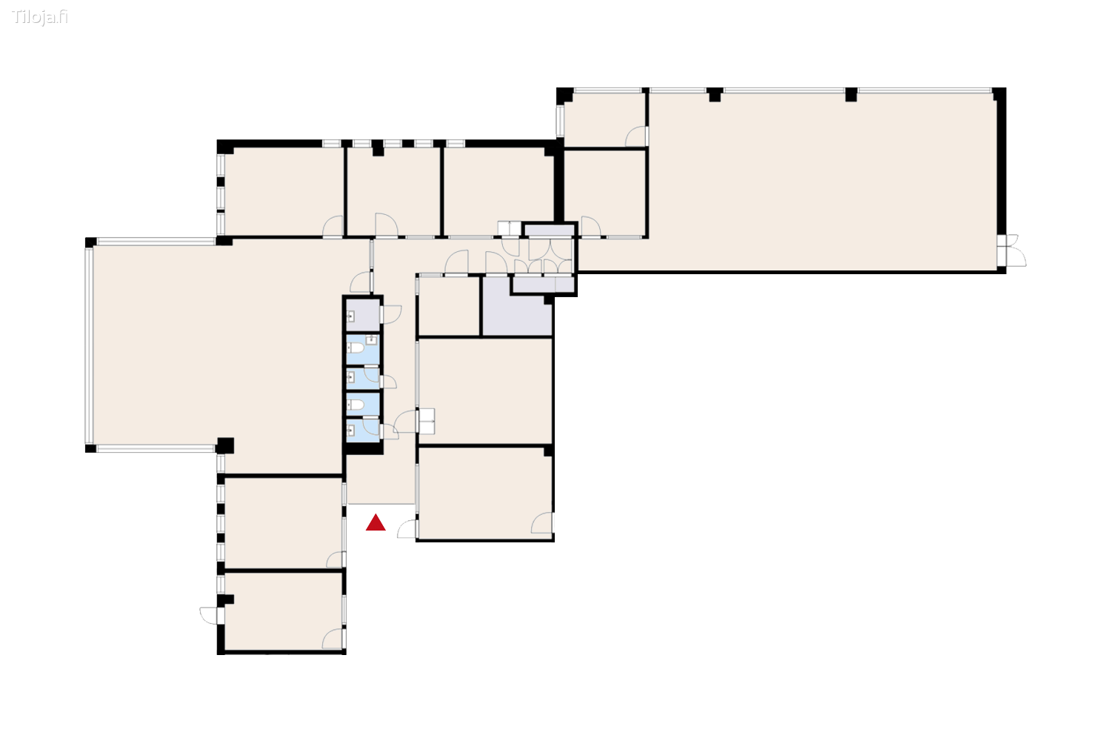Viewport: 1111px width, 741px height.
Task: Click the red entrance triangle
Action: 376,523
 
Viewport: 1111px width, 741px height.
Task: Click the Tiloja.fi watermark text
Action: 40,17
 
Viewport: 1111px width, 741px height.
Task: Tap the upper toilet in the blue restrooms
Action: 357,347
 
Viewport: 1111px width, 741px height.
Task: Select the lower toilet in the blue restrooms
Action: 357,405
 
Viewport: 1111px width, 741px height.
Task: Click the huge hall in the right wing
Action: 822,182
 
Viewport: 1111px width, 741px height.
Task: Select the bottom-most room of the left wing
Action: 283,611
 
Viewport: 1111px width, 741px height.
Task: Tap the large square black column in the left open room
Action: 225,445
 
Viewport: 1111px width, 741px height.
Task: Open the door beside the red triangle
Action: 407,529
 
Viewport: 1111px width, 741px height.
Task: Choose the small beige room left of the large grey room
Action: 449,306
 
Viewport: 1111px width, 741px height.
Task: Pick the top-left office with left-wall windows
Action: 284,191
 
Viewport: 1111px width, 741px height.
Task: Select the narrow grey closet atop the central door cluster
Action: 549,230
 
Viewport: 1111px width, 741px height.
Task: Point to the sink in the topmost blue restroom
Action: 372,341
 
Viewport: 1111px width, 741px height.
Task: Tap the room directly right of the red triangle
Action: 484,493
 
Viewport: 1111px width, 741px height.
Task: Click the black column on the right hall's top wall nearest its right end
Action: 851,94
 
